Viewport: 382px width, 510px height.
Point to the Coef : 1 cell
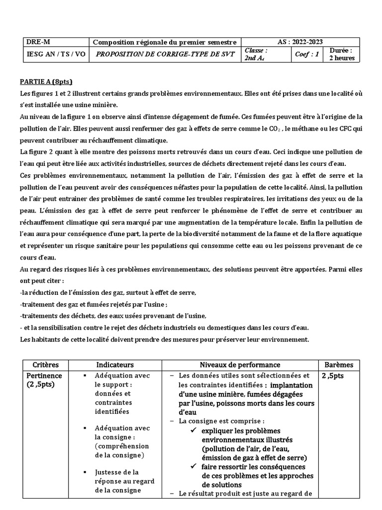(307, 54)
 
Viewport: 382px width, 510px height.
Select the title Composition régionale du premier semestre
(165, 42)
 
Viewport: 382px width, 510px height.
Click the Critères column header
(45, 365)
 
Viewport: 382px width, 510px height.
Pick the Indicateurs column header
(115, 365)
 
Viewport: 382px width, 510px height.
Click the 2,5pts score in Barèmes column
(332, 376)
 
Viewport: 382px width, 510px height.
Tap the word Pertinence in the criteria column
(45, 376)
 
